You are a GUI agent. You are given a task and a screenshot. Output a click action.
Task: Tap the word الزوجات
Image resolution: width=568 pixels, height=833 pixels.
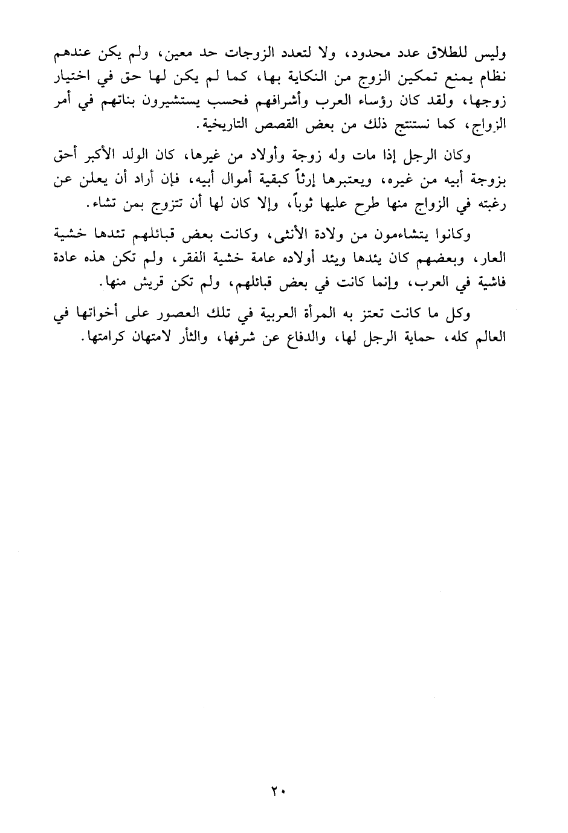[x=241, y=54]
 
